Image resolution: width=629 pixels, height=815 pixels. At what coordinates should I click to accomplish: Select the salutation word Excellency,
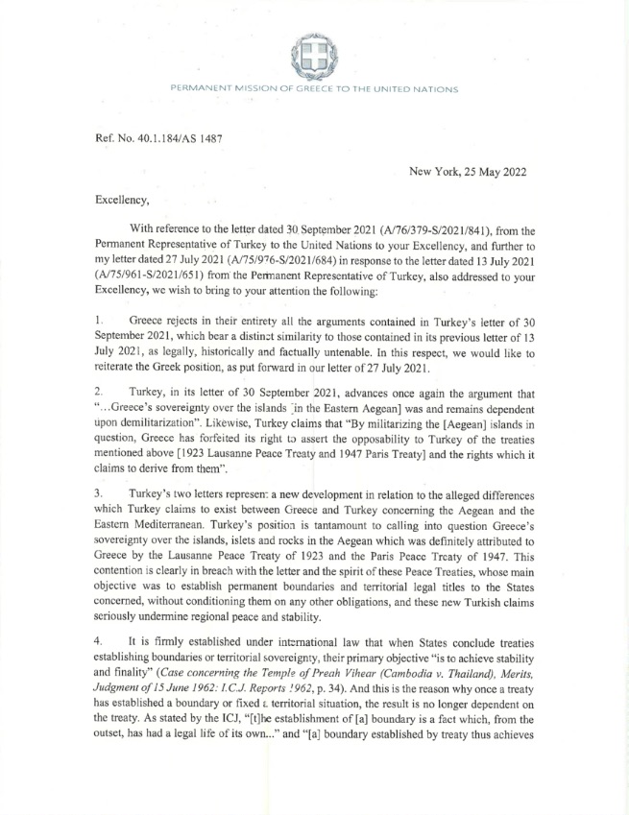pyautogui.click(x=125, y=202)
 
